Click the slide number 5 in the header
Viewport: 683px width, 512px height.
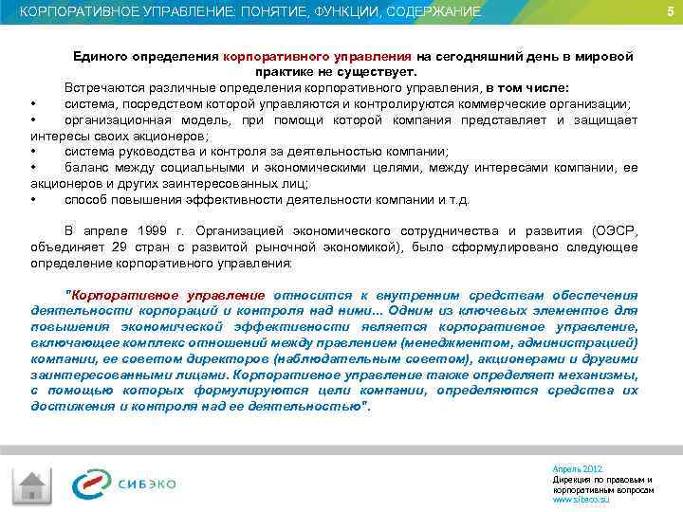click(x=670, y=11)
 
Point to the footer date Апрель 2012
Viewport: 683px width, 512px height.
click(x=576, y=469)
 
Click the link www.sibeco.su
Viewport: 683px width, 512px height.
click(x=581, y=499)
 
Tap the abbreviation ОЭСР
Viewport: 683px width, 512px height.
click(x=615, y=230)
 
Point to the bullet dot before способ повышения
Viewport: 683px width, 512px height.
click(x=33, y=200)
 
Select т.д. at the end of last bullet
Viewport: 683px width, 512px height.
click(x=456, y=200)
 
